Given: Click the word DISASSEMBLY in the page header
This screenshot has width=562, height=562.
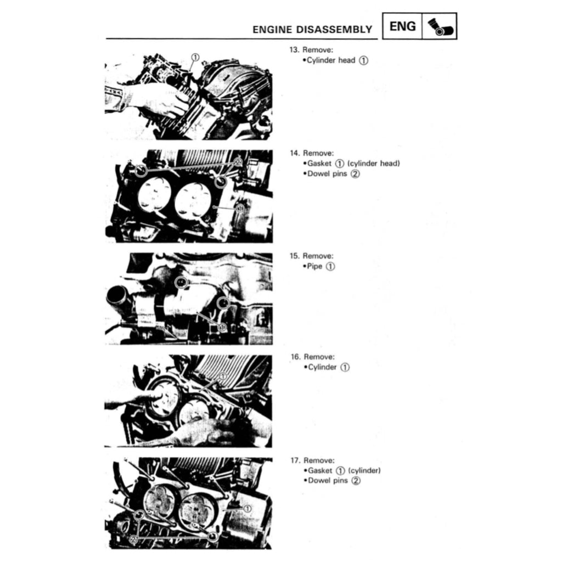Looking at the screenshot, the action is click(334, 30).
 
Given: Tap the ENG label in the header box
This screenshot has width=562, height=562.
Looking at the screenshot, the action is click(402, 26).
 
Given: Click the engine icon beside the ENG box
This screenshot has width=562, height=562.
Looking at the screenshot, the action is click(440, 27).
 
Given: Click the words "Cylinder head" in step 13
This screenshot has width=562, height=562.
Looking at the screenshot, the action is click(331, 60).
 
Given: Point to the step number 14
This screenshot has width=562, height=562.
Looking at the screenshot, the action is click(294, 153).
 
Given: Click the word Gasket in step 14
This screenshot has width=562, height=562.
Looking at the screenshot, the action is click(319, 164).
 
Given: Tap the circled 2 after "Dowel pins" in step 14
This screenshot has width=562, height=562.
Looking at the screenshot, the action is click(355, 174).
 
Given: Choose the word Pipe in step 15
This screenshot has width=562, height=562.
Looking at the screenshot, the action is click(314, 266).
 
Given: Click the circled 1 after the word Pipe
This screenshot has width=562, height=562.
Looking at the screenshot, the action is click(330, 267).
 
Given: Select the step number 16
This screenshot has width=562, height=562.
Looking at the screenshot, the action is click(295, 357).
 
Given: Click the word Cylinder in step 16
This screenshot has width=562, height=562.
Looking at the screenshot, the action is click(322, 367).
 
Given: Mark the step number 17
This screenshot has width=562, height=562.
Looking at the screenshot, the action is click(295, 460).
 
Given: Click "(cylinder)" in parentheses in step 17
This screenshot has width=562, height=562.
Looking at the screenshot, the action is click(364, 470).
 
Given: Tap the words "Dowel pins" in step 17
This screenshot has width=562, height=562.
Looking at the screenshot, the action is click(328, 481).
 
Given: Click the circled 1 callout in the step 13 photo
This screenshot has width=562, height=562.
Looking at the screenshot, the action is click(195, 57).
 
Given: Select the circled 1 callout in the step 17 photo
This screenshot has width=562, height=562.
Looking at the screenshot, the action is click(248, 508).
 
